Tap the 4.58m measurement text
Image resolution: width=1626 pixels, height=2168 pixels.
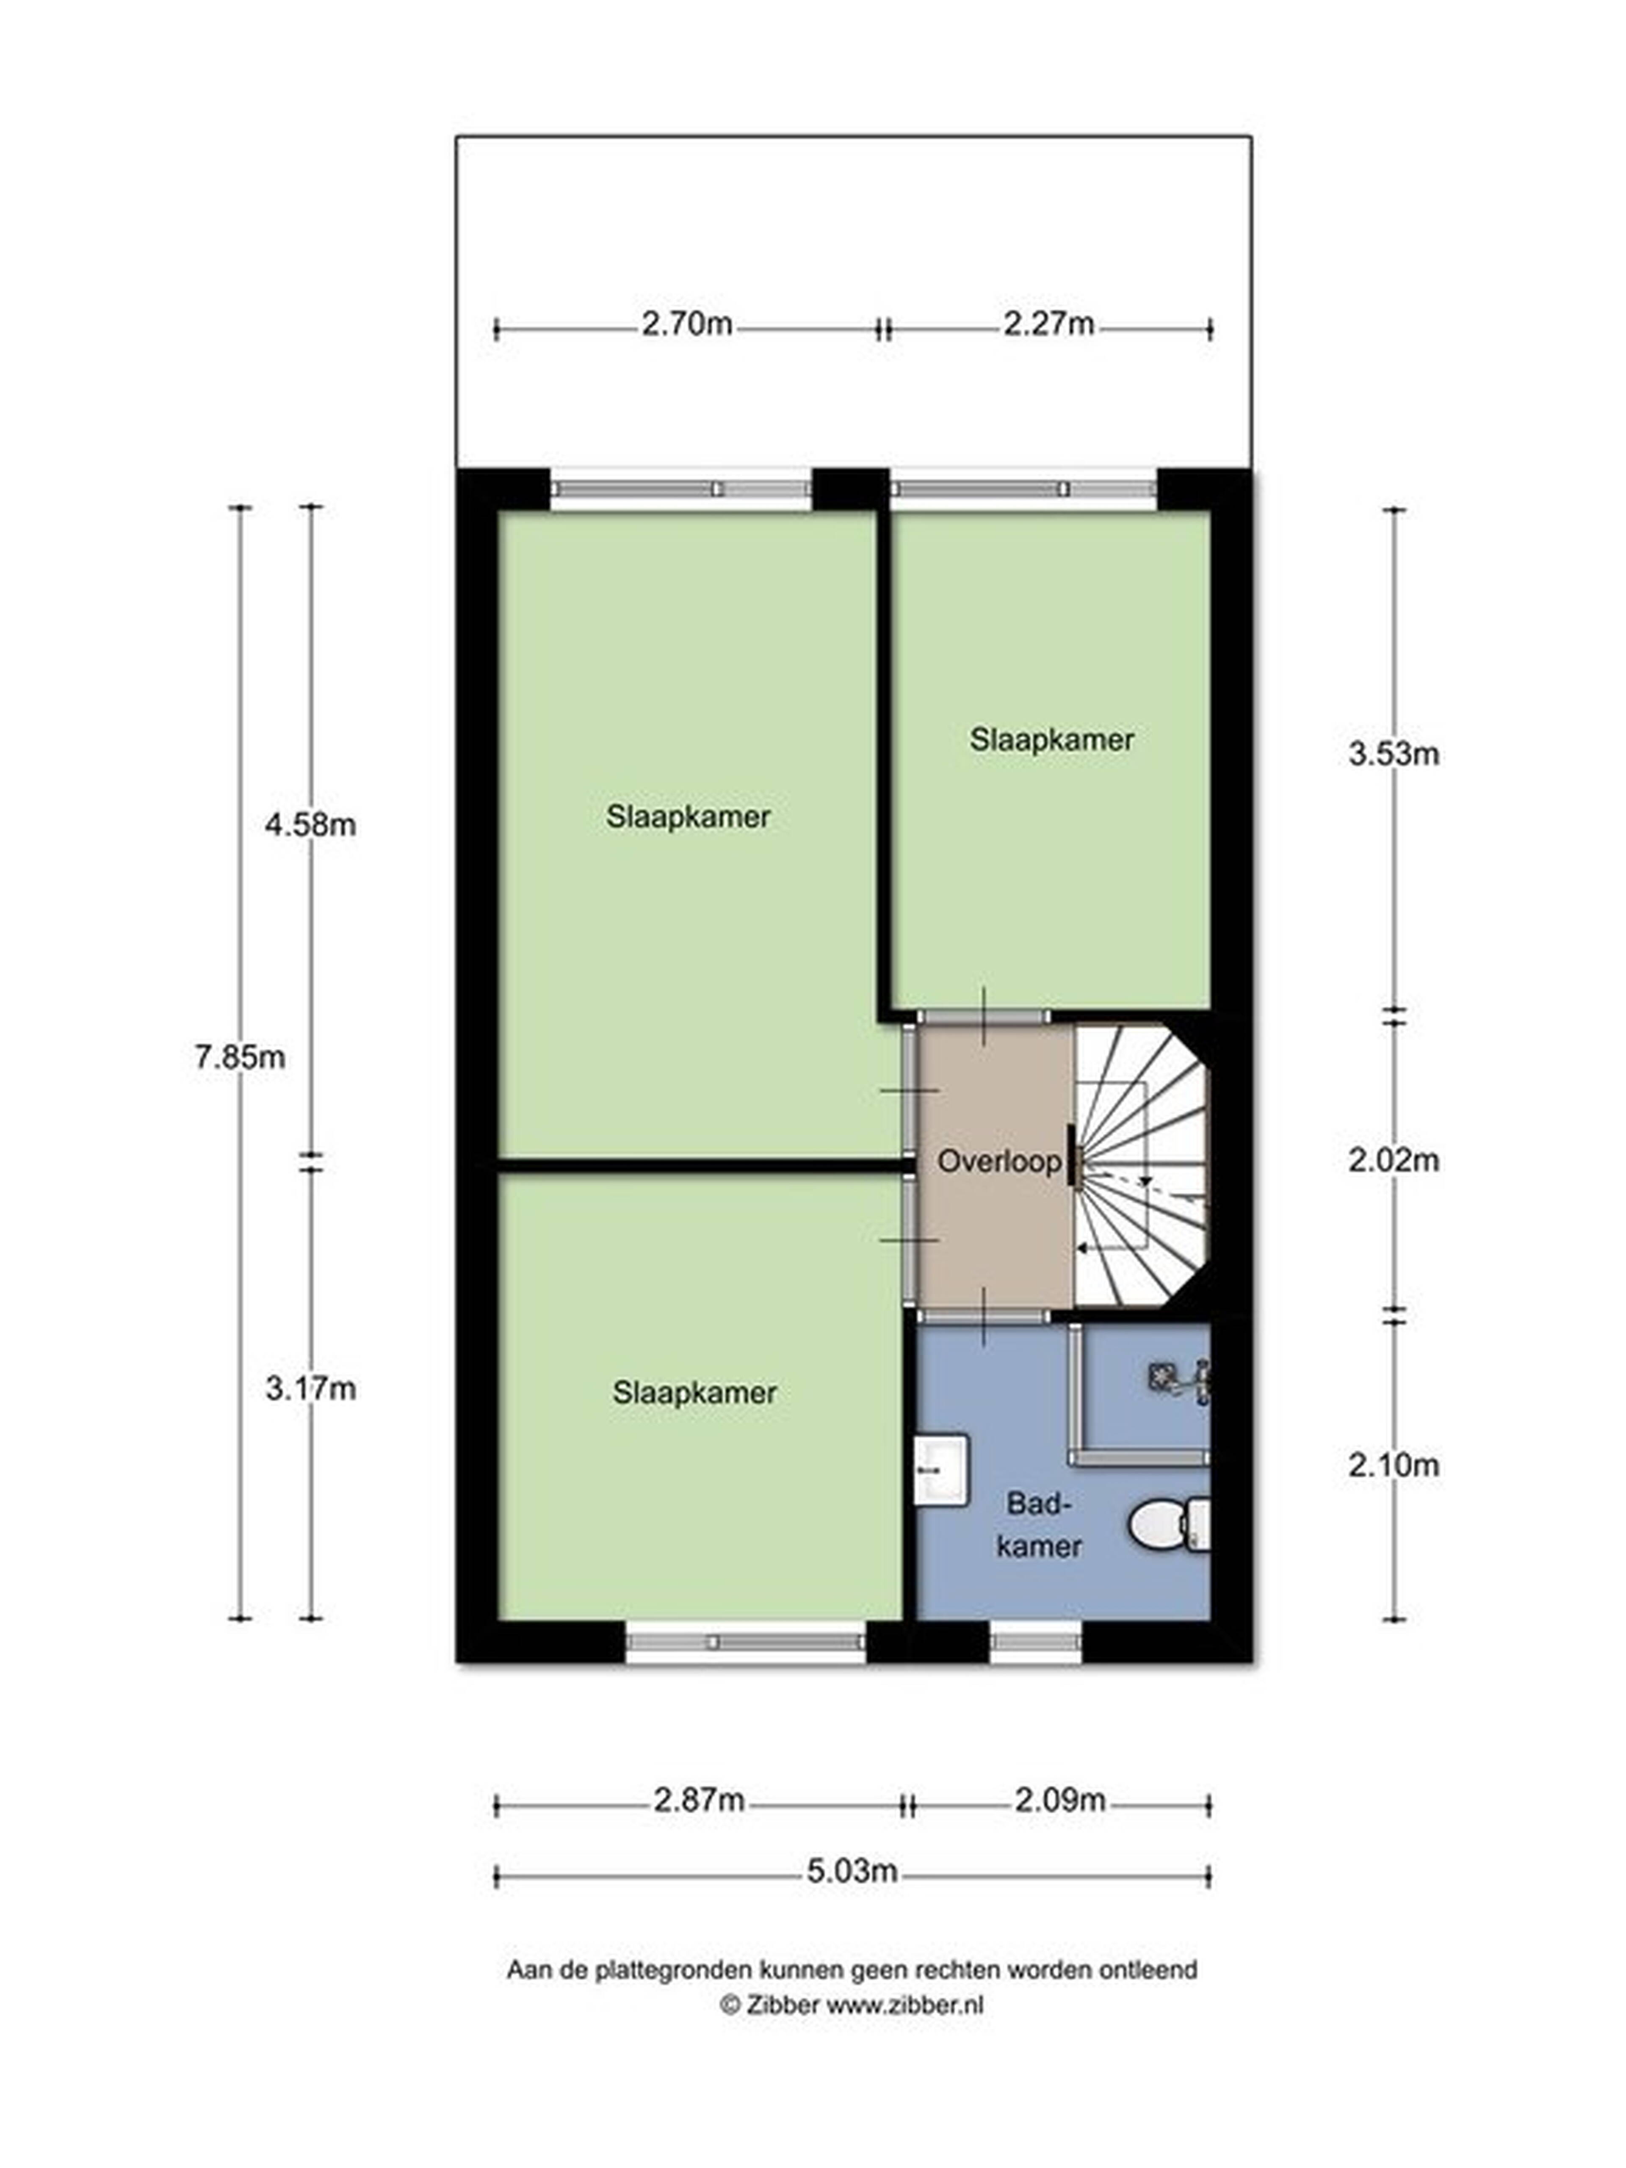click(x=310, y=825)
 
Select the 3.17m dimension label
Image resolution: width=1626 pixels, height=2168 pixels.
click(x=310, y=1389)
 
